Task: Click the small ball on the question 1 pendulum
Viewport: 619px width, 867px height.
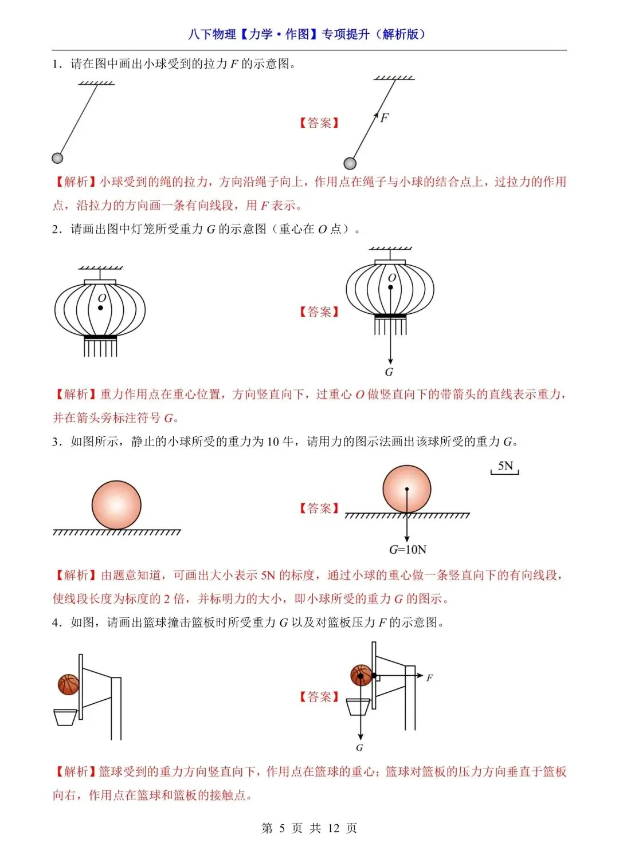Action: point(57,158)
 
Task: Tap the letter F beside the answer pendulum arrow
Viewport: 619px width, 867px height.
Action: point(385,118)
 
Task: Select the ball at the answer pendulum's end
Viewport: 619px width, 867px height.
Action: point(350,164)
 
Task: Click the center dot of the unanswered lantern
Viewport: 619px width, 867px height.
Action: point(100,308)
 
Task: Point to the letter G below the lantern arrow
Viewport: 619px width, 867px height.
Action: point(389,372)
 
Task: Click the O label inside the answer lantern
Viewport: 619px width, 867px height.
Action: point(392,278)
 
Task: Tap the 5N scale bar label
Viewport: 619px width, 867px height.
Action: point(505,466)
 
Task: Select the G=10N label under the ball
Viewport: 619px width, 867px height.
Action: point(408,550)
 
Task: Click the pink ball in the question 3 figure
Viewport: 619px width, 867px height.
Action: point(116,505)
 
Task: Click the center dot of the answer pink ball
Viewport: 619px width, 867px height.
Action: point(407,490)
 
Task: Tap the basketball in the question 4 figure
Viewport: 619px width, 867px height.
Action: point(69,684)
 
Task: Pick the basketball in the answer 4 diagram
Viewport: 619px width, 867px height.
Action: point(361,676)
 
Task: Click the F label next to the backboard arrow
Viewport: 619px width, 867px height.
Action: point(429,678)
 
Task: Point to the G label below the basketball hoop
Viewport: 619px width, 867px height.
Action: point(359,748)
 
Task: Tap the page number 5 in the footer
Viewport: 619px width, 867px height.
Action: point(282,828)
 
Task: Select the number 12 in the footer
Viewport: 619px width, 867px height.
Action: point(334,828)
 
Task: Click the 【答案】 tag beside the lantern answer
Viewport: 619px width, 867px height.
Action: point(319,312)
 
